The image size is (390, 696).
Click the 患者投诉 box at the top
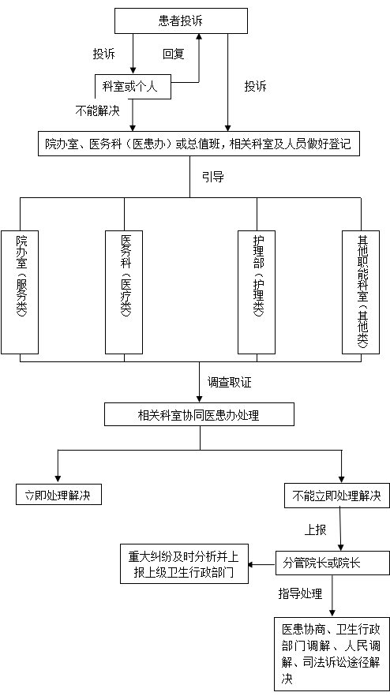point(181,21)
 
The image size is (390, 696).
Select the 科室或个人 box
point(133,86)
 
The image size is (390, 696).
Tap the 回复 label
point(173,54)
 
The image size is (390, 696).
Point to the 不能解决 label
point(97,110)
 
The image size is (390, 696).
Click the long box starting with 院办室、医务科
point(199,144)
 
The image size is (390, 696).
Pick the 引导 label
point(213,177)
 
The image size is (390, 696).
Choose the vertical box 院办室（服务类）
point(20,292)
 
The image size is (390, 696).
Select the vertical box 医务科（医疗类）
point(124,292)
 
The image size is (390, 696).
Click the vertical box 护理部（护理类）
point(257,292)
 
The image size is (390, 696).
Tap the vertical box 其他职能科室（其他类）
point(361,292)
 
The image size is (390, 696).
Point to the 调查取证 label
point(230,382)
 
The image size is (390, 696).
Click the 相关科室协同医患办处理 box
point(199,414)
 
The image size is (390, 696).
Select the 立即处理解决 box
point(58,495)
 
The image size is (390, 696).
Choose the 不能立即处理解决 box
point(336,496)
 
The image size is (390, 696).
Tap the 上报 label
point(315,529)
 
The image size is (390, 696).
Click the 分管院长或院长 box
point(332,563)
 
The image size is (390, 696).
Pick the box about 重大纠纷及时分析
point(184,563)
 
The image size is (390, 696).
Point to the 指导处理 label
point(300,593)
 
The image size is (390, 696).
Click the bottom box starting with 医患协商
point(332,654)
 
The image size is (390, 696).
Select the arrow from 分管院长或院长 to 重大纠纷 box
point(261,565)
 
